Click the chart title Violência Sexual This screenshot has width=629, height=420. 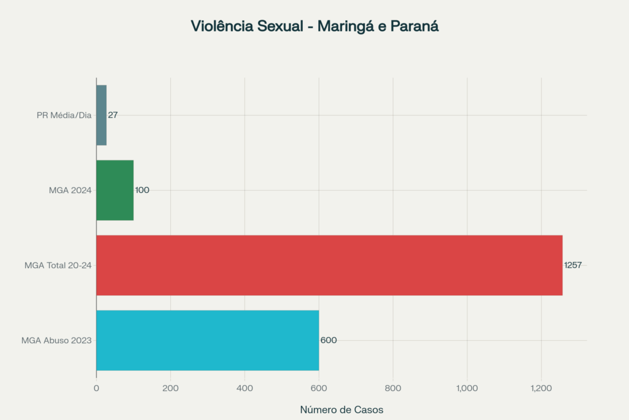point(314,26)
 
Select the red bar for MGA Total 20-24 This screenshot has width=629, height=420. point(329,265)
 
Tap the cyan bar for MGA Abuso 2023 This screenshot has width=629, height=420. point(208,340)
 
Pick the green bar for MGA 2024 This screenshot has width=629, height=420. point(115,190)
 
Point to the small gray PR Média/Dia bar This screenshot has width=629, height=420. point(101,115)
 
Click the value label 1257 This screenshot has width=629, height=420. point(572,265)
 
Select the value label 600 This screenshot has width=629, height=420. point(329,340)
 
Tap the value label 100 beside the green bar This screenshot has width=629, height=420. point(142,190)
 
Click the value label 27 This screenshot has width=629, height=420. point(113,115)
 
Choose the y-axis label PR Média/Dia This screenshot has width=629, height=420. point(64,115)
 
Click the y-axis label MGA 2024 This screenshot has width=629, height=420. point(70,190)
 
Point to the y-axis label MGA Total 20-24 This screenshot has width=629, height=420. point(58,265)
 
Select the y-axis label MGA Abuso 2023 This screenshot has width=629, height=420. point(57,340)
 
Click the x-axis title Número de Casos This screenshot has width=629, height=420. point(342,410)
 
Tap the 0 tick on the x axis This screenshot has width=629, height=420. point(96,388)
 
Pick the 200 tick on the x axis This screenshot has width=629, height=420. point(170,388)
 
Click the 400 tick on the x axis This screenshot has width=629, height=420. point(244,388)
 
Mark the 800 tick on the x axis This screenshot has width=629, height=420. point(393,388)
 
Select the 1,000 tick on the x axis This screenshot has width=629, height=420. point(467,388)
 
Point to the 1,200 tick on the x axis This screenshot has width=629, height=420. point(541,388)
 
